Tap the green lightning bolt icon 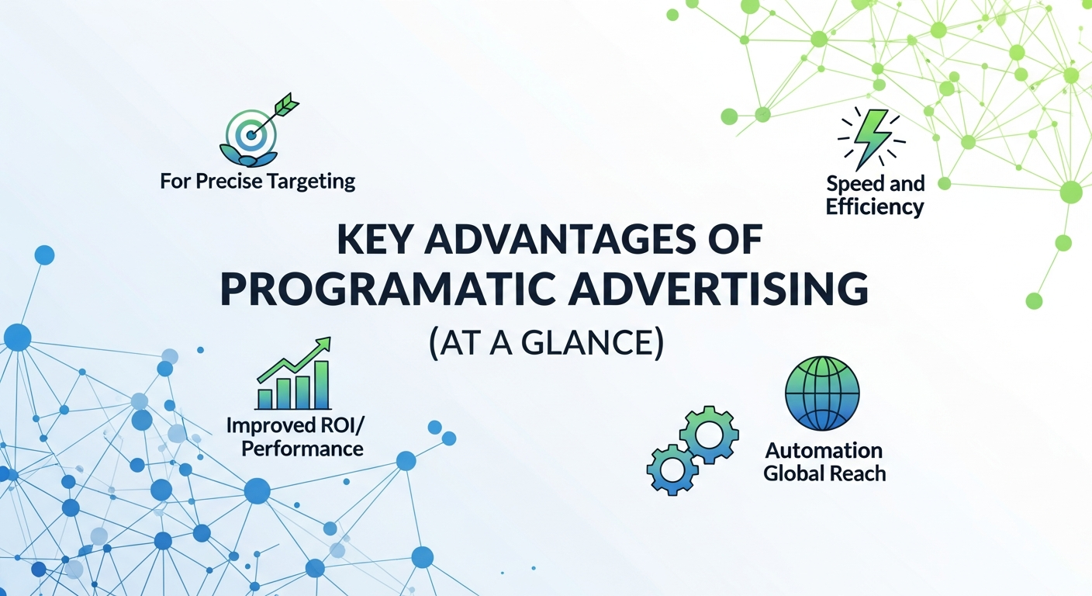(x=871, y=140)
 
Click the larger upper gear (x=709, y=435)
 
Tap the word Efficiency (x=875, y=207)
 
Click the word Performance (x=302, y=449)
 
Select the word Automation (x=824, y=451)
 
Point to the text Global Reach (x=824, y=473)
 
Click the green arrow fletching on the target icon (x=287, y=106)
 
